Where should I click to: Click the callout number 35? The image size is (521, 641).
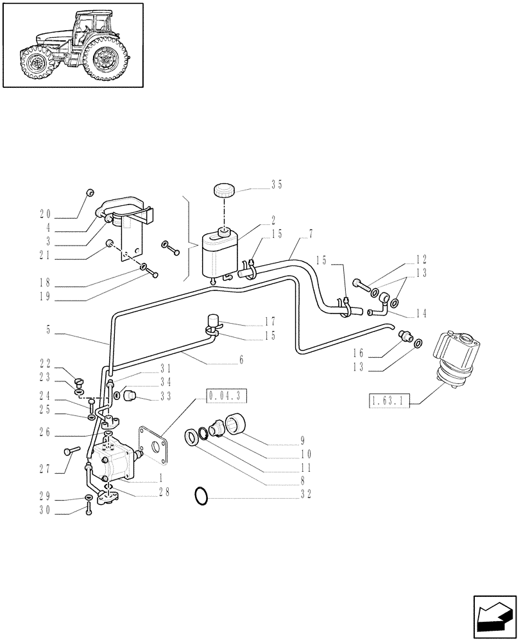276,185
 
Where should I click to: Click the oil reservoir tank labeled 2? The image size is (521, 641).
219,254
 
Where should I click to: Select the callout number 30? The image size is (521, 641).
45,511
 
